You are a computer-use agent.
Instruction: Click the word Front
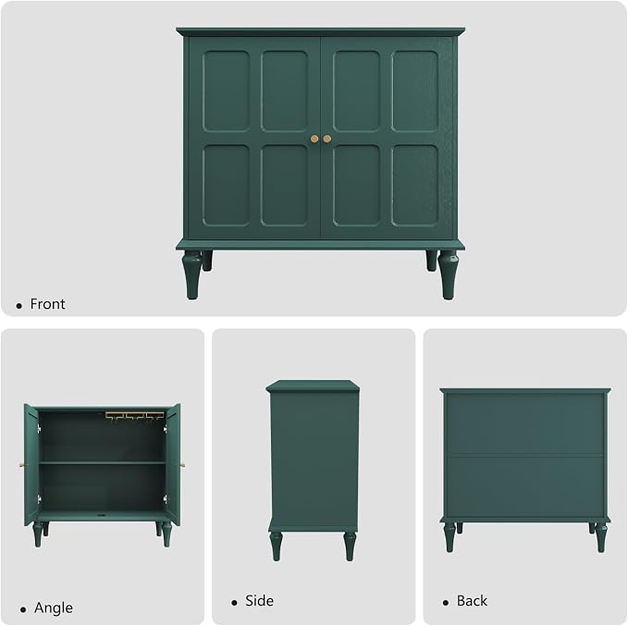(x=47, y=304)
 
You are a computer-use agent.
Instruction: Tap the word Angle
(x=54, y=608)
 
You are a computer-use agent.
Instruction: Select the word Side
(x=259, y=601)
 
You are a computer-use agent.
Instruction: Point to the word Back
(x=472, y=601)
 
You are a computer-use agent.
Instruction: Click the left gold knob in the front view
(x=314, y=139)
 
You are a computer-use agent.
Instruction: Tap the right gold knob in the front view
(x=327, y=139)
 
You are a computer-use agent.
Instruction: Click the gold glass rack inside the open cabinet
(x=135, y=416)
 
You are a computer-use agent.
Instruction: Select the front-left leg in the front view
(x=191, y=275)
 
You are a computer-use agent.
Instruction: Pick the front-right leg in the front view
(x=449, y=275)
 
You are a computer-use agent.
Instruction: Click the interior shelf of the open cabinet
(x=102, y=462)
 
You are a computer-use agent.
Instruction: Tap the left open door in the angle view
(x=31, y=464)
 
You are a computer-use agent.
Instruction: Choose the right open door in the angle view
(x=174, y=464)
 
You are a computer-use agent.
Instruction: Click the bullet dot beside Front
(x=18, y=306)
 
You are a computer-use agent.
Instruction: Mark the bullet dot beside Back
(x=446, y=603)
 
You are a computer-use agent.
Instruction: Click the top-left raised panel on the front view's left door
(x=227, y=91)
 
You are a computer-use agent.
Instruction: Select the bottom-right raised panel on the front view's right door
(x=415, y=185)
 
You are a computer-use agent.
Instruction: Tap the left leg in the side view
(x=276, y=546)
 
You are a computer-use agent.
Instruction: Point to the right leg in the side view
(x=350, y=546)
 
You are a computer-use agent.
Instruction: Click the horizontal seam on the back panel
(x=525, y=455)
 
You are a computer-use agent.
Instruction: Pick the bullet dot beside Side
(x=234, y=603)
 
